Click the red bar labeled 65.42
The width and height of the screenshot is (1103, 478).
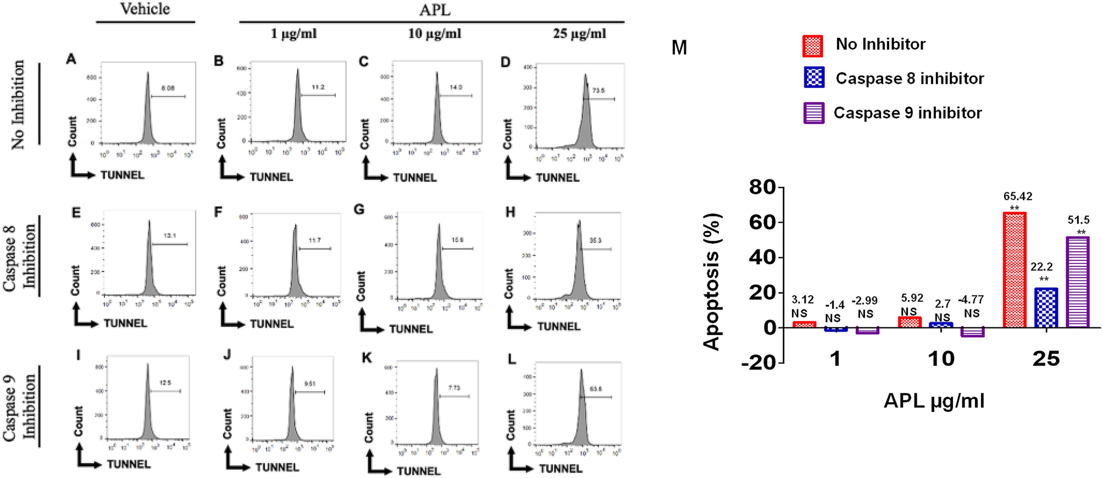coord(1015,270)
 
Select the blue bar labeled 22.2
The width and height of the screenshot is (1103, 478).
coord(1046,308)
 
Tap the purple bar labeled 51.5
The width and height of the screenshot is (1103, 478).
coord(1078,282)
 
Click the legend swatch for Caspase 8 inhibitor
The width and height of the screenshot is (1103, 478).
coord(813,78)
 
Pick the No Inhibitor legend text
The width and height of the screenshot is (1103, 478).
coord(880,44)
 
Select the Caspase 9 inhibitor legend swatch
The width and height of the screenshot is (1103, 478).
coord(813,113)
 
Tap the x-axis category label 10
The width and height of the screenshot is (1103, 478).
coord(941,359)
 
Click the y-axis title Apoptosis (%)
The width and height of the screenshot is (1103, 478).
coord(712,282)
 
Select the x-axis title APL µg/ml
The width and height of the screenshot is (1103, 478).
coord(934,401)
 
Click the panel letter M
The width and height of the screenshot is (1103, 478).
coord(679,48)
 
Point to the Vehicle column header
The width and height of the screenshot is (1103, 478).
coord(145,9)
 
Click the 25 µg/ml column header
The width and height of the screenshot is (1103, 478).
coord(579,34)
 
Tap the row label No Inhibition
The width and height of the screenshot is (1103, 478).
coord(18,104)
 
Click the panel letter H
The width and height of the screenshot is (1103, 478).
coord(510,212)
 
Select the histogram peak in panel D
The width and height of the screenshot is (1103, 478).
coord(586,75)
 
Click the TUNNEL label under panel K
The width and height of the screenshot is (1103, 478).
coord(419,471)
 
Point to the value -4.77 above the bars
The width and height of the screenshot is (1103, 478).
coord(971,300)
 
